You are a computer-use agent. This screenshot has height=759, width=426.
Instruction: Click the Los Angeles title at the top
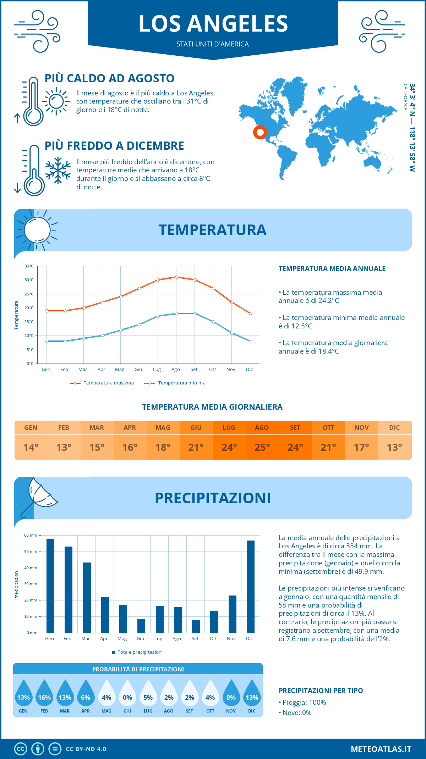pyautogui.click(x=213, y=24)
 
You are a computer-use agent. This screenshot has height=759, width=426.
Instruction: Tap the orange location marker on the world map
pyautogui.click(x=260, y=132)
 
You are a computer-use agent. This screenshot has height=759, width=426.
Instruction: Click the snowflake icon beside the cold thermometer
pyautogui.click(x=58, y=170)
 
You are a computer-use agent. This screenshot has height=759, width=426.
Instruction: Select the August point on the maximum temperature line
pyautogui.click(x=176, y=277)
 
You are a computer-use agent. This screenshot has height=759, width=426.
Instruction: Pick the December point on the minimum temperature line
pyautogui.click(x=250, y=341)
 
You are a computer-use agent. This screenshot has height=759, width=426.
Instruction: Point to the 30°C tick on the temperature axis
pyautogui.click(x=29, y=280)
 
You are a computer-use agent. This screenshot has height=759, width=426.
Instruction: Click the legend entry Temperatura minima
pyautogui.click(x=181, y=383)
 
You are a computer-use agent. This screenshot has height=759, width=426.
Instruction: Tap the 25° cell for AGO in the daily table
pyautogui.click(x=262, y=447)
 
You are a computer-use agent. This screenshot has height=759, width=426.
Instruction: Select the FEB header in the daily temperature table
pyautogui.click(x=64, y=428)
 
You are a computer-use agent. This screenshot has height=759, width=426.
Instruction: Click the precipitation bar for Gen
pyautogui.click(x=50, y=586)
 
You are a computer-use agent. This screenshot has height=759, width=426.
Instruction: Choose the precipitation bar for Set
pyautogui.click(x=196, y=626)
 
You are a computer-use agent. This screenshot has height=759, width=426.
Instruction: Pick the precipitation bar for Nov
pyautogui.click(x=232, y=614)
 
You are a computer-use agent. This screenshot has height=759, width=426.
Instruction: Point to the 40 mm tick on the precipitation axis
pyautogui.click(x=31, y=568)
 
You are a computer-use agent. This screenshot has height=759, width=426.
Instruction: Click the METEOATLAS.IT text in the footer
pyautogui.click(x=381, y=749)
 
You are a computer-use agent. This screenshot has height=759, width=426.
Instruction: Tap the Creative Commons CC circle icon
pyautogui.click(x=21, y=749)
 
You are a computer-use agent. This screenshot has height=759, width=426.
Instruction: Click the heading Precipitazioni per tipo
pyautogui.click(x=321, y=691)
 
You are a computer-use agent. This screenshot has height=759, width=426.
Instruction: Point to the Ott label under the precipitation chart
pyautogui.click(x=213, y=639)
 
